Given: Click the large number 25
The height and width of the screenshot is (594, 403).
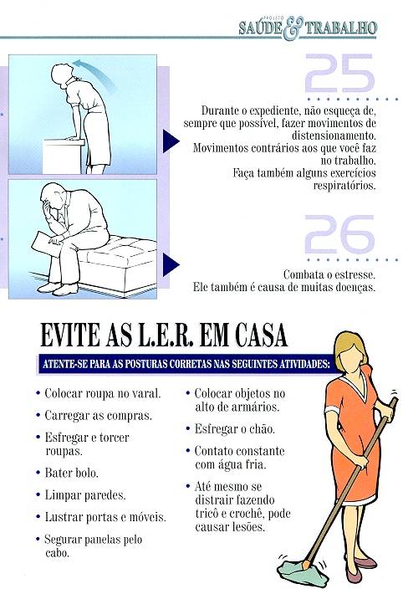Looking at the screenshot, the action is pyautogui.click(x=339, y=73).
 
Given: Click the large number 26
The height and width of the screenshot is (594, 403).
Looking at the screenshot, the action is pyautogui.click(x=339, y=234).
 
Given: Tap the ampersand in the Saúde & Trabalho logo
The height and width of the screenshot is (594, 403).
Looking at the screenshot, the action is pyautogui.click(x=293, y=28).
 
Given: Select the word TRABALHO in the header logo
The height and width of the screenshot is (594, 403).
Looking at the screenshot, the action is pyautogui.click(x=341, y=28).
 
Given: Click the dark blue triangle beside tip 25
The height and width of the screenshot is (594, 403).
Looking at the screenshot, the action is pyautogui.click(x=171, y=141).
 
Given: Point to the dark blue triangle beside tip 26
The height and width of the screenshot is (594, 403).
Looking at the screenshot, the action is pyautogui.click(x=171, y=264).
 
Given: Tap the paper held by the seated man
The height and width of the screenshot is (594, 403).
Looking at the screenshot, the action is pyautogui.click(x=46, y=244).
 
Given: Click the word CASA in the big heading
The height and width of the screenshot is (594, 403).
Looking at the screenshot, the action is pyautogui.click(x=261, y=335).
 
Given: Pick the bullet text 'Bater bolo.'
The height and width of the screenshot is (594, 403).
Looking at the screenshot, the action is pyautogui.click(x=72, y=473).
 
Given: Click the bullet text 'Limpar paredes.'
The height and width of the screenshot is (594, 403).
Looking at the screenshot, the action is pyautogui.click(x=85, y=495).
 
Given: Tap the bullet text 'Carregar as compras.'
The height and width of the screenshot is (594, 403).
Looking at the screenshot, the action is pyautogui.click(x=99, y=416).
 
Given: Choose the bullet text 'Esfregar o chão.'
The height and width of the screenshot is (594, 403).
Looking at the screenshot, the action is pyautogui.click(x=235, y=429).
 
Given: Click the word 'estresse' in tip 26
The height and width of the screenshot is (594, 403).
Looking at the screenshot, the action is pyautogui.click(x=356, y=274).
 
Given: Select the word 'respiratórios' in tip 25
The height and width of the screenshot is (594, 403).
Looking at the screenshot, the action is pyautogui.click(x=344, y=186).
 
